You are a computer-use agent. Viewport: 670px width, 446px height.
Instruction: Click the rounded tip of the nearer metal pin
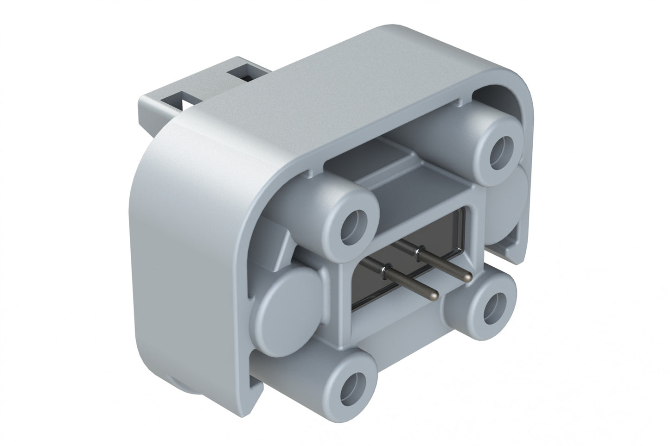point(434,294)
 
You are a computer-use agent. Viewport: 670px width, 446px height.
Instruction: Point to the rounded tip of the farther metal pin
point(468,277)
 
